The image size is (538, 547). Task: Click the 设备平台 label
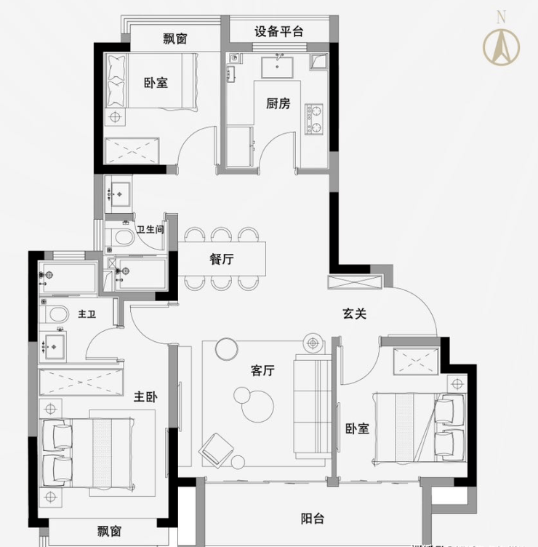pos(278,32)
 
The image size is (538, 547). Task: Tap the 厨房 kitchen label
pos(278,103)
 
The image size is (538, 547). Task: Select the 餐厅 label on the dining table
pos(222,259)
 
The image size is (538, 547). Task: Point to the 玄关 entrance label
pos(354,314)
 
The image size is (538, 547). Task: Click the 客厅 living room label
pos(262,370)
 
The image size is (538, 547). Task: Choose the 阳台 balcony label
pos(313,519)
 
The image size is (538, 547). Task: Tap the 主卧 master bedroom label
pos(145,397)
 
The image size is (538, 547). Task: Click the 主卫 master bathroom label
pos(87,314)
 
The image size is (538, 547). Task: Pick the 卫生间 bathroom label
pos(150,230)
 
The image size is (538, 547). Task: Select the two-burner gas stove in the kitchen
pos(315,119)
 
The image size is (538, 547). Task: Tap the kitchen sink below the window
pos(277,67)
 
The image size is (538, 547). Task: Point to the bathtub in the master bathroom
pos(68,277)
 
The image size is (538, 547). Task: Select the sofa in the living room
pos(313,407)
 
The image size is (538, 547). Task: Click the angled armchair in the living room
pos(216,450)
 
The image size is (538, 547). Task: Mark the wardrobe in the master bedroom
pos(81,383)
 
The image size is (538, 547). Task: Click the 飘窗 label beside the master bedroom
pos(110,532)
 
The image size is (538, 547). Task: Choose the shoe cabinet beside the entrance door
pos(356,282)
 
